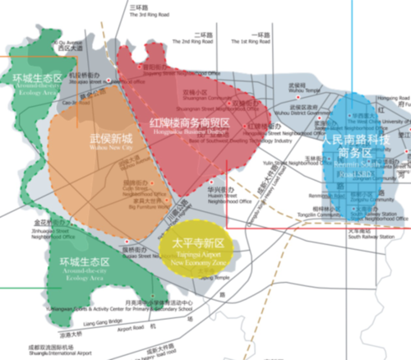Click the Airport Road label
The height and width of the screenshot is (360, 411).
click(132, 327)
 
